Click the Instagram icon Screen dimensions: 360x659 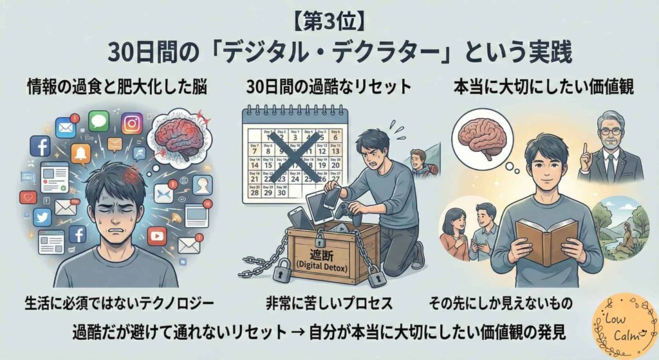tap(132, 122)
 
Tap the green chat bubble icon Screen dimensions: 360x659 tap(98, 120)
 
